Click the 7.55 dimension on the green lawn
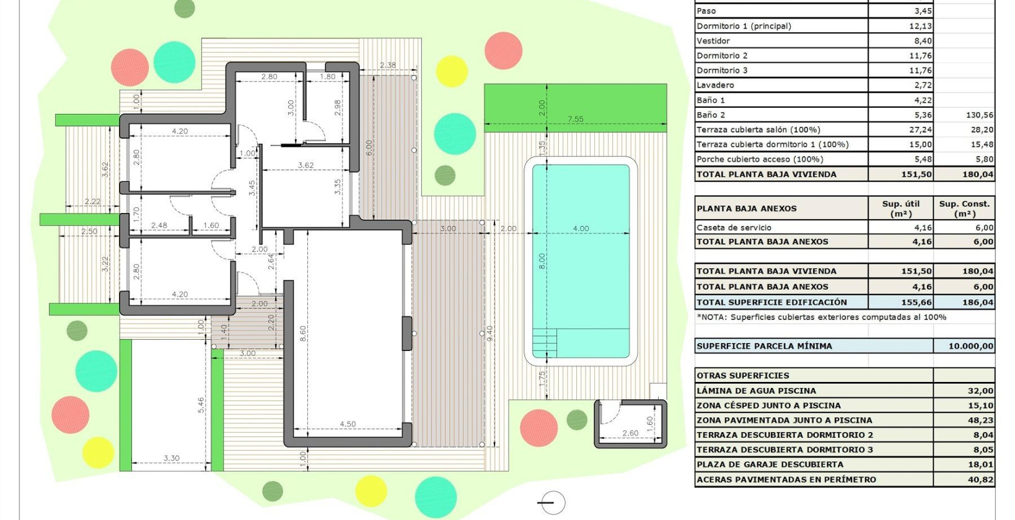(x=575, y=119)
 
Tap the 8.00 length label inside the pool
(x=542, y=261)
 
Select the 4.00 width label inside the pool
(x=581, y=228)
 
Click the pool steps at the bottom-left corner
(x=545, y=342)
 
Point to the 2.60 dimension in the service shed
(x=630, y=433)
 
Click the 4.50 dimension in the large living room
(x=348, y=424)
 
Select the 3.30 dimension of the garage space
(x=171, y=458)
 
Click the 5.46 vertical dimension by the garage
(x=201, y=405)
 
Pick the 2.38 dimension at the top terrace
(x=388, y=65)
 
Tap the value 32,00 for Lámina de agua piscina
(x=980, y=391)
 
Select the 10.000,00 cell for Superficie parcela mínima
(x=970, y=346)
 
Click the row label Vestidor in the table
(x=713, y=41)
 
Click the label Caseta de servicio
(x=734, y=228)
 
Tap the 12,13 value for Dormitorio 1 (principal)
(x=920, y=26)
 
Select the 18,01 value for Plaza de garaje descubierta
(x=980, y=464)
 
